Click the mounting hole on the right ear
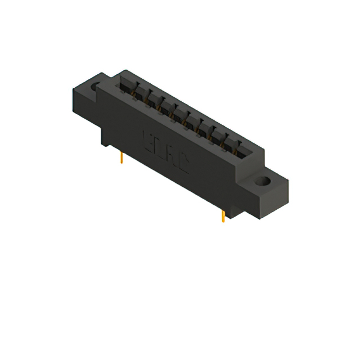(x=263, y=182)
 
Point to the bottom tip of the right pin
(x=224, y=222)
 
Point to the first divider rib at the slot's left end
(x=136, y=88)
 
